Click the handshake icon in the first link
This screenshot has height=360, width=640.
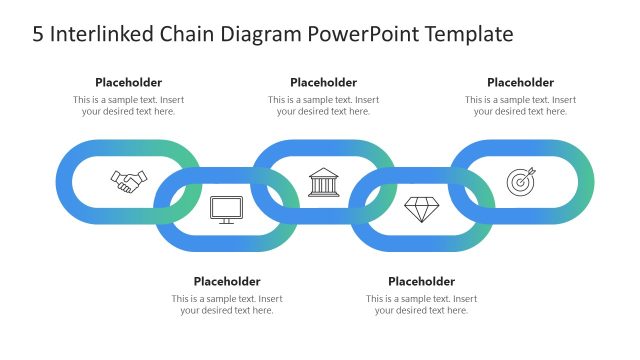click(128, 181)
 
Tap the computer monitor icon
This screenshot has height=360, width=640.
click(226, 209)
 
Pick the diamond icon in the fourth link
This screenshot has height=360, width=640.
click(421, 209)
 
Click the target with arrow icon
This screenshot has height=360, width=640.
click(521, 181)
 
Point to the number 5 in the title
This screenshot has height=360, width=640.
click(38, 34)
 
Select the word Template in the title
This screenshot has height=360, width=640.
click(469, 34)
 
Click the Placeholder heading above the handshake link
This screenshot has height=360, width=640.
click(128, 82)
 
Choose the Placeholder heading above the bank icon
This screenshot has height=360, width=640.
click(323, 82)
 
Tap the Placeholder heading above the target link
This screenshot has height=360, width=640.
click(520, 82)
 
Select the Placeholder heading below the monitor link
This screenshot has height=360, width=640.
click(227, 281)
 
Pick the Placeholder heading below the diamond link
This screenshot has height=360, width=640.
click(421, 281)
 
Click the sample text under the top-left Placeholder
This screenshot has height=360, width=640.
click(128, 106)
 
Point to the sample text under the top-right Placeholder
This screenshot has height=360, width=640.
click(520, 106)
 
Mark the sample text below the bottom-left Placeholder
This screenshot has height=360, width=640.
click(227, 305)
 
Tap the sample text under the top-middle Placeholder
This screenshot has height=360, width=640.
click(323, 106)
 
